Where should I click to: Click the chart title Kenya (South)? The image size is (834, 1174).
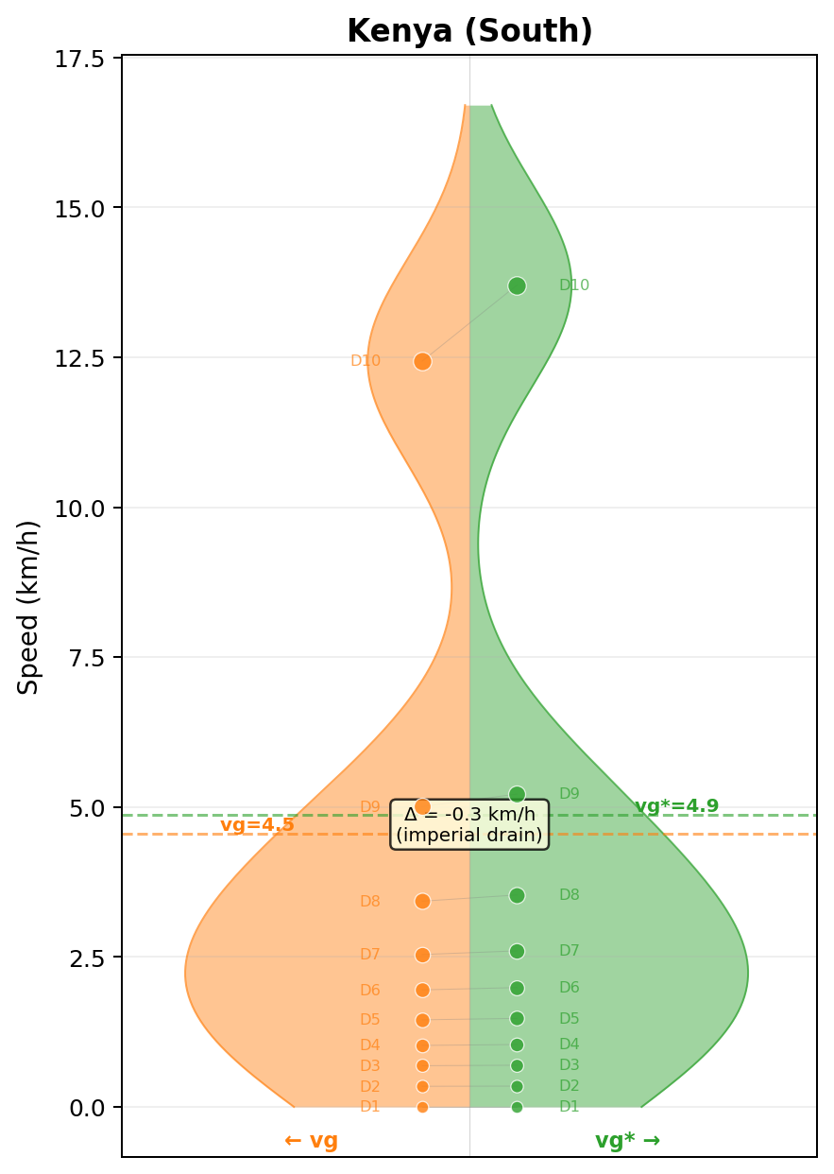point(469,32)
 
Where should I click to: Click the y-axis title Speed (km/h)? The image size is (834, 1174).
point(29,607)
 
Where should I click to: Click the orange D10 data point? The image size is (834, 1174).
point(422,361)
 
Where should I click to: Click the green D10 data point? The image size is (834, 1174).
point(517,285)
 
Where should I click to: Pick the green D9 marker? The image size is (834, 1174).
point(517,794)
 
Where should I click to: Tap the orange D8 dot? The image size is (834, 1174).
point(422,901)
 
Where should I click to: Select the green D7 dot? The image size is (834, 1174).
point(517,951)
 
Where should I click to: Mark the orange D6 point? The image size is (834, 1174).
point(422,990)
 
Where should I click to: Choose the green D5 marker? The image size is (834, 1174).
point(517,1018)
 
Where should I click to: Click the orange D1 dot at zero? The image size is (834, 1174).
point(422,1107)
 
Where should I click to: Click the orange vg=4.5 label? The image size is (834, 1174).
point(257,825)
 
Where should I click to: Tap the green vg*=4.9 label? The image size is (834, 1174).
point(676,806)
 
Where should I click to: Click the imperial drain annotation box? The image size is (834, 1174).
point(469,825)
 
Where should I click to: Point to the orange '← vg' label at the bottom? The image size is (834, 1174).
point(311,1141)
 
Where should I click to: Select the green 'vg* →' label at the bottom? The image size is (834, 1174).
point(627,1141)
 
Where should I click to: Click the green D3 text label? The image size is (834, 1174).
point(570,1065)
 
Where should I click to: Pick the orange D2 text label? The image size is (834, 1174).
point(370,1087)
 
